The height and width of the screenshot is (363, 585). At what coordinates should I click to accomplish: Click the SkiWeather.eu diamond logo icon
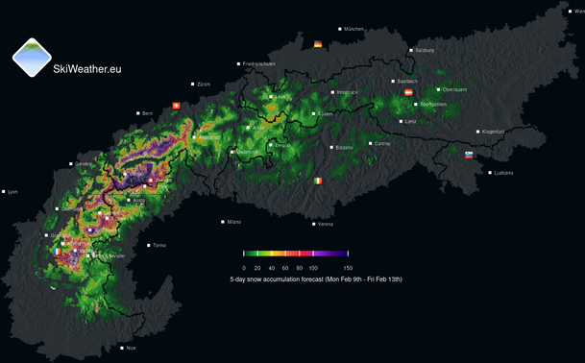coord(32,58)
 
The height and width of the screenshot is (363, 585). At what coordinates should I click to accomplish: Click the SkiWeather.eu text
coord(87,69)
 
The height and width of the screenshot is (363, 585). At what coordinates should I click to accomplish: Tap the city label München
coord(354,29)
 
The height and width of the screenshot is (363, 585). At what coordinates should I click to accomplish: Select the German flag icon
coord(319,43)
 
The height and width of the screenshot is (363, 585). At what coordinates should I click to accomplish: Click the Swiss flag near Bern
coord(176,106)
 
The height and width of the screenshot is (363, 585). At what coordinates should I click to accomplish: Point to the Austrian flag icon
coord(409,92)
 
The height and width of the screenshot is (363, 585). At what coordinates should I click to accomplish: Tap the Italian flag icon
coord(318,181)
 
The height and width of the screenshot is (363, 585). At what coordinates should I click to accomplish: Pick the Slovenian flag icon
coord(469,155)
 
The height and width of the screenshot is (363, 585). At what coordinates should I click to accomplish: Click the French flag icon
coord(58,252)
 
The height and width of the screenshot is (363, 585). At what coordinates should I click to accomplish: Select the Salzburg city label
coord(425,50)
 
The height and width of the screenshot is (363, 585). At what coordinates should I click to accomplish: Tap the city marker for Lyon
coord(4,191)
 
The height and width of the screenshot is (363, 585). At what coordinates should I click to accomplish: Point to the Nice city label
coord(131,348)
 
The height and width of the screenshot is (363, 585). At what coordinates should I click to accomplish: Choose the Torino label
coord(159,245)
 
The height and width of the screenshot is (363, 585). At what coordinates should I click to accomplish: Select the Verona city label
coord(326,224)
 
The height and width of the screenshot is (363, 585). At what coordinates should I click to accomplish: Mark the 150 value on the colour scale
coord(348,268)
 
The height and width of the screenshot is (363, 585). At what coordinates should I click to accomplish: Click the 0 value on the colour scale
coord(244,268)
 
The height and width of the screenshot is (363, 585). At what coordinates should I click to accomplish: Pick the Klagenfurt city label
coord(493,132)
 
